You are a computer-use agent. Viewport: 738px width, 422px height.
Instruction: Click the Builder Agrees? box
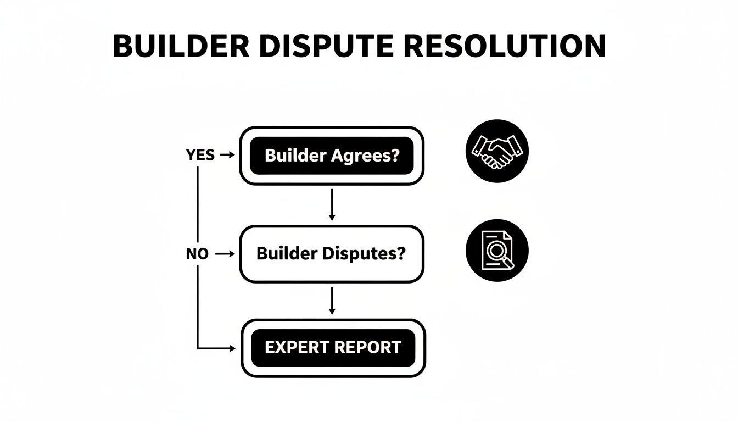(x=332, y=156)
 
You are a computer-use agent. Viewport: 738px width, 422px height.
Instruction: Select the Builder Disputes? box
(x=332, y=254)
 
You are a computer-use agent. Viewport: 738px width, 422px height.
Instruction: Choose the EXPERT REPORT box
(x=333, y=348)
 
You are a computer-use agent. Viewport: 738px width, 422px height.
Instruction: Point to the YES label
(x=200, y=156)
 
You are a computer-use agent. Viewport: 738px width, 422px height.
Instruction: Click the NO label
(x=197, y=254)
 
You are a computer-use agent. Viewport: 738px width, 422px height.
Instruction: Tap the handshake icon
(x=497, y=151)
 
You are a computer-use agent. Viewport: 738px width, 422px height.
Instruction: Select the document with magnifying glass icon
(x=497, y=251)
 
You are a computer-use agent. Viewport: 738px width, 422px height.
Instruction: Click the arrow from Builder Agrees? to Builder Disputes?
(x=331, y=204)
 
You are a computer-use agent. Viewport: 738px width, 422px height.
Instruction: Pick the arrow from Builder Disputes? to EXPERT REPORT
(x=331, y=301)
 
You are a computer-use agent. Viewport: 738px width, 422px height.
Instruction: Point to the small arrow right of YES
(x=227, y=156)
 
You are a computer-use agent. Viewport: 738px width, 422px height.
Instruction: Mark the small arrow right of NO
(x=226, y=254)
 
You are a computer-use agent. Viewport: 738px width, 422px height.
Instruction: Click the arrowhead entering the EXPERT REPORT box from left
(x=231, y=348)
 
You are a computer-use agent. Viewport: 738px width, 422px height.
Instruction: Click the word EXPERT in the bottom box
(x=296, y=348)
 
